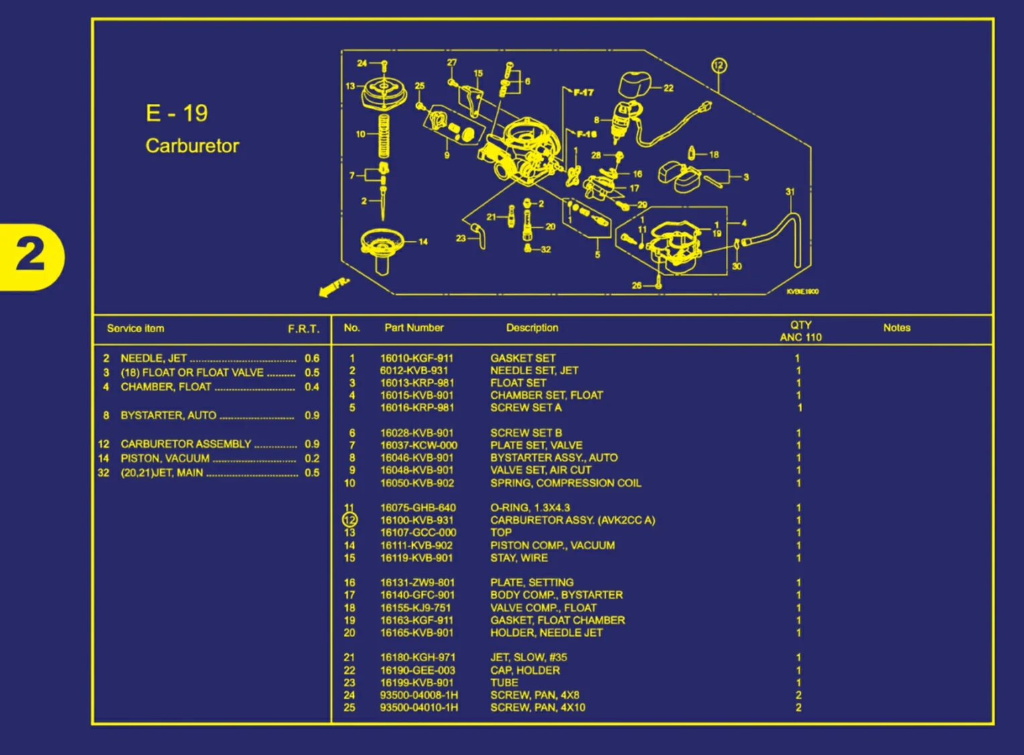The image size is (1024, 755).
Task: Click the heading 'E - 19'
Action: point(177,113)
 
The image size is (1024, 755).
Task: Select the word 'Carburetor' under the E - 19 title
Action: point(192,146)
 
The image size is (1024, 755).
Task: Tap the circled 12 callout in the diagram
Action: point(718,66)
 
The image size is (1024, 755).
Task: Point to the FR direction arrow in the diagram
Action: point(334,287)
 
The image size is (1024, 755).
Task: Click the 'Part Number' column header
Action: point(413,328)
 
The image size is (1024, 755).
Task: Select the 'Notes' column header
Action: point(896,328)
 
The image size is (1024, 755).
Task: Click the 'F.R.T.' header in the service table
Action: point(304,329)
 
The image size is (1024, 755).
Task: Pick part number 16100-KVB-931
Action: point(417,521)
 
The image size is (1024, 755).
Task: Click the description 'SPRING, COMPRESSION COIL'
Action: point(566,483)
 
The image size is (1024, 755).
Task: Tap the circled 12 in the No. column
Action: point(350,520)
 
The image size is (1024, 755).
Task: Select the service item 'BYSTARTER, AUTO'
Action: point(168,415)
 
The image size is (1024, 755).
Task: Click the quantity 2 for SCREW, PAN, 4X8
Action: point(798,695)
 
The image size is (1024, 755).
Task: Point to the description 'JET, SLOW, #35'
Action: point(528,658)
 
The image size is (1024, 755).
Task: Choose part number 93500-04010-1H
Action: point(419,707)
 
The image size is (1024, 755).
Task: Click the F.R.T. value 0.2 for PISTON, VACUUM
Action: point(312,459)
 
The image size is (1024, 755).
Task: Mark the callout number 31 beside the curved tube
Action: point(790,192)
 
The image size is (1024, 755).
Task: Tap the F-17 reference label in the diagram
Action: point(582,92)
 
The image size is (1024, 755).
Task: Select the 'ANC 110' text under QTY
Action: point(800,338)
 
